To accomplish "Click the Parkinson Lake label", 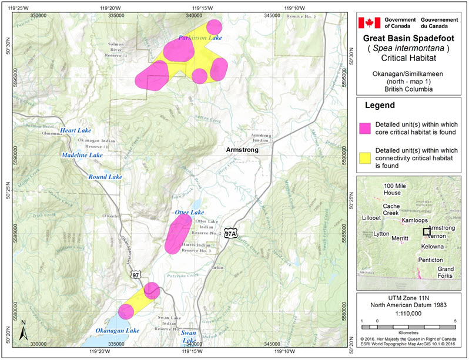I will (200, 38).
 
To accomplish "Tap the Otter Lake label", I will (189, 212).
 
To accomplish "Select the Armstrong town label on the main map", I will (242, 150).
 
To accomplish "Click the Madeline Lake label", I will (82, 155).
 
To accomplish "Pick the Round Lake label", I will (105, 177).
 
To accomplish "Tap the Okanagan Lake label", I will (118, 331).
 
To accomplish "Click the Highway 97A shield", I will (230, 233).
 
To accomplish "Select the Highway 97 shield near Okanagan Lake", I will (136, 274).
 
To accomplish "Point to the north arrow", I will (22, 331).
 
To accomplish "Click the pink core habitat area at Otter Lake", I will (177, 234).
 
